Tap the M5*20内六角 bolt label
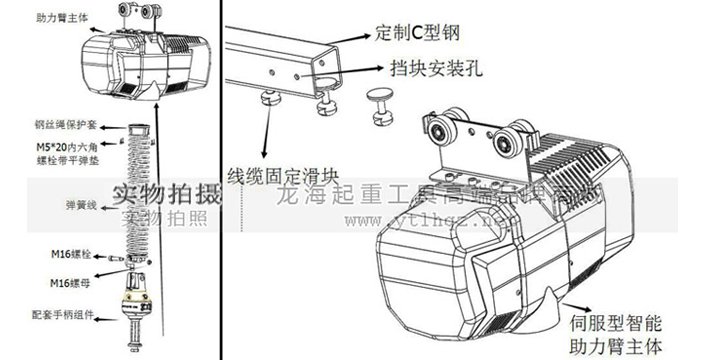point(37,153)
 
